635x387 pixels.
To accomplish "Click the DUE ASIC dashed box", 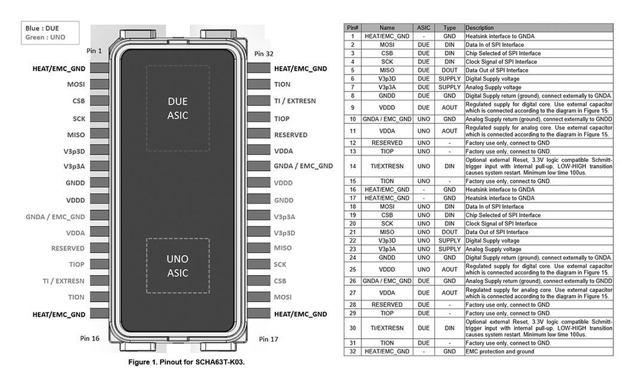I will [x=177, y=108].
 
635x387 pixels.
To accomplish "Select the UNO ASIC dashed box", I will [x=177, y=265].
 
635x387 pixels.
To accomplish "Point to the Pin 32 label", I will [x=264, y=54].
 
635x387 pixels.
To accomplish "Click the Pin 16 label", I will [x=90, y=339].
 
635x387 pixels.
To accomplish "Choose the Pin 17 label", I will [x=269, y=339].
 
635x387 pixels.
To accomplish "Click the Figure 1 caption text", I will [x=187, y=362].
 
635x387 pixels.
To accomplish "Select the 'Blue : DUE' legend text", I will [x=42, y=28].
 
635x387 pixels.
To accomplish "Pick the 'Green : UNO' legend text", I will [x=45, y=37].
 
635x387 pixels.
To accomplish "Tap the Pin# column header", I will [x=352, y=28].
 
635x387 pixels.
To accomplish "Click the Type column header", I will [x=450, y=28].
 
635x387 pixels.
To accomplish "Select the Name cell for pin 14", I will [x=386, y=166].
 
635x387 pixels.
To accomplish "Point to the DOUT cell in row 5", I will [x=450, y=70].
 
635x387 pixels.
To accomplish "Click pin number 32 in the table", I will [x=352, y=352].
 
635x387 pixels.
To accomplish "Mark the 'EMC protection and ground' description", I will [x=500, y=352].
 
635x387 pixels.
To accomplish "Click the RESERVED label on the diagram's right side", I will [x=290, y=135].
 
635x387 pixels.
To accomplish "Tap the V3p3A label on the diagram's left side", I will [x=74, y=166].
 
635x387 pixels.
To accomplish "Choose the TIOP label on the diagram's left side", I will [x=76, y=264].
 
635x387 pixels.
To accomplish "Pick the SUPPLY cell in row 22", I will [x=450, y=241].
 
